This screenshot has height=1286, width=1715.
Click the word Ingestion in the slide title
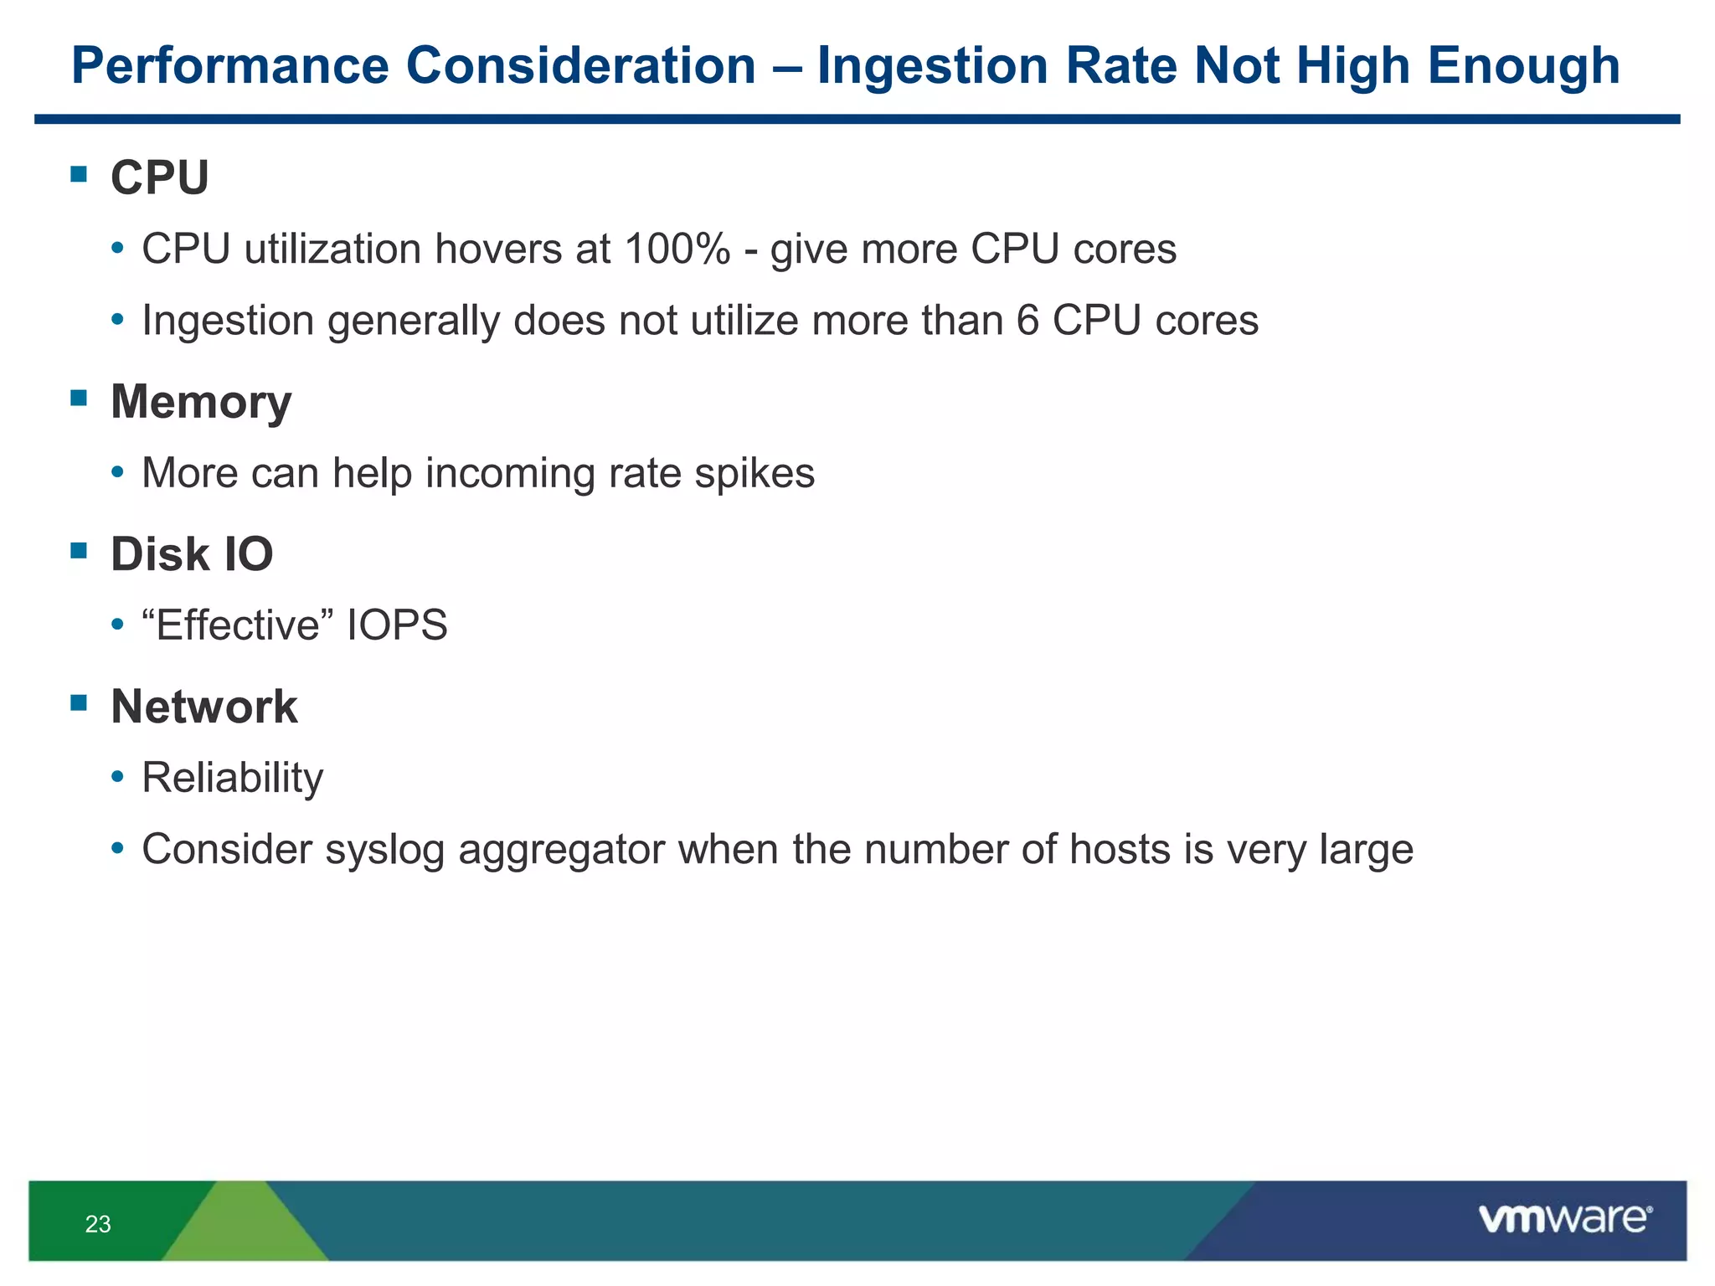(x=931, y=67)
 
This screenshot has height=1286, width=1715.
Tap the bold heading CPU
(x=159, y=177)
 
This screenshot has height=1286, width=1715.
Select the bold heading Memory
(x=201, y=402)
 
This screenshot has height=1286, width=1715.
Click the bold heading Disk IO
(x=192, y=554)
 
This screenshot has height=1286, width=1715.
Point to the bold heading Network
(x=203, y=707)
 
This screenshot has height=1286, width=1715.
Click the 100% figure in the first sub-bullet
(x=677, y=249)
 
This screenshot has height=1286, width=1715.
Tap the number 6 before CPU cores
(x=1027, y=321)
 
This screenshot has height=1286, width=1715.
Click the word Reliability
(x=232, y=778)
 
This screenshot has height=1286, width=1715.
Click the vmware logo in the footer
(x=1564, y=1219)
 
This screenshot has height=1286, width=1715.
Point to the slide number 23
(x=98, y=1224)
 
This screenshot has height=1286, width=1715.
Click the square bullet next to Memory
(x=80, y=398)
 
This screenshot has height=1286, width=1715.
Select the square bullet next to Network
(x=80, y=702)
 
